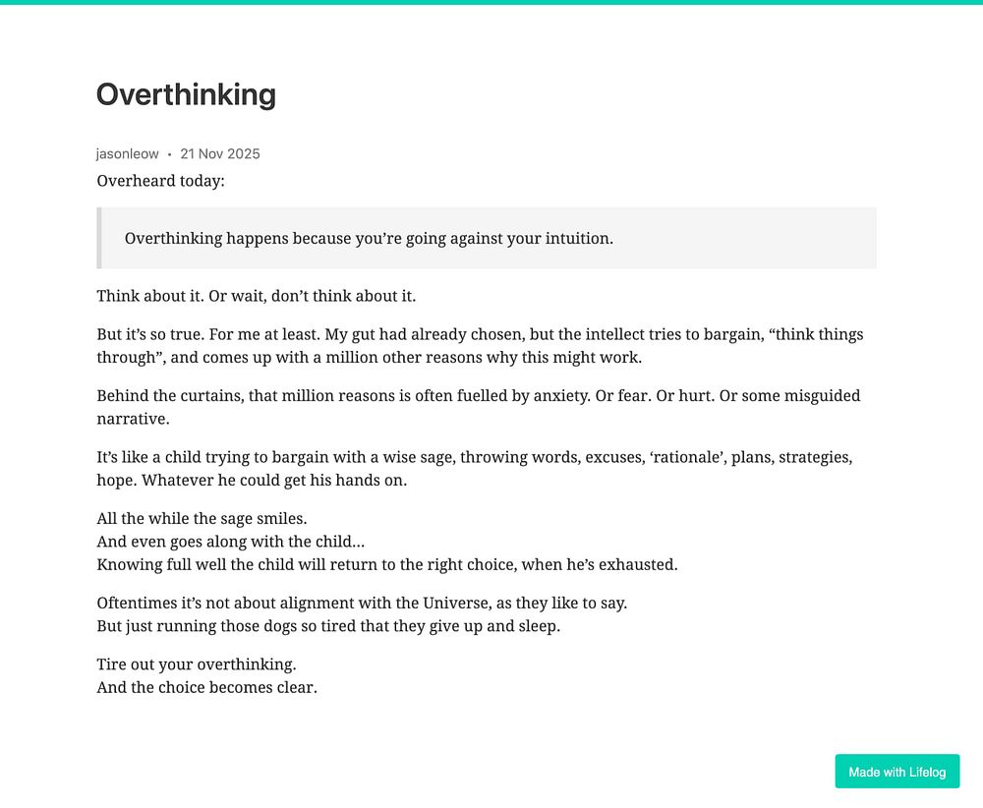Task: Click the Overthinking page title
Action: [186, 94]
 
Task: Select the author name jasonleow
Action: [127, 153]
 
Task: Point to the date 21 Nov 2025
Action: [220, 153]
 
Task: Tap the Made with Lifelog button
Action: [896, 772]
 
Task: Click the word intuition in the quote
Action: [574, 238]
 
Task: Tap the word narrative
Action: [132, 419]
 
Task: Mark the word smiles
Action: [280, 518]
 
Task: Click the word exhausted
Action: [638, 564]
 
